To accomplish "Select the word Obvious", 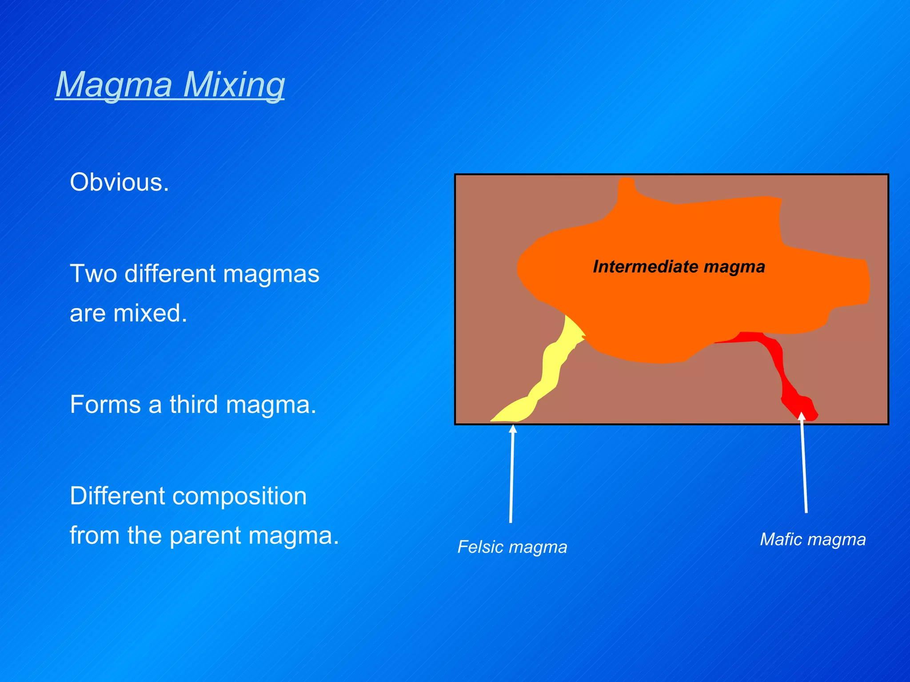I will pyautogui.click(x=119, y=182).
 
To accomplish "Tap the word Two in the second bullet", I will pyautogui.click(x=93, y=274).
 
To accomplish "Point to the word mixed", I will pyautogui.click(x=150, y=313).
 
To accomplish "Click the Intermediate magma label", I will pyautogui.click(x=679, y=267).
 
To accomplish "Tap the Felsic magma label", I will pyautogui.click(x=512, y=547).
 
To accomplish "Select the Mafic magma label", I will pyautogui.click(x=813, y=539).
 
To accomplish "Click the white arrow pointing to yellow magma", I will pyautogui.click(x=511, y=475).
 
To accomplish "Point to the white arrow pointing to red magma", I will pyautogui.click(x=804, y=466).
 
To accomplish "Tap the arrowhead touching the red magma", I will pyautogui.click(x=801, y=416).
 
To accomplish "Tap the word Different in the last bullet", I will pyautogui.click(x=117, y=496).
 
